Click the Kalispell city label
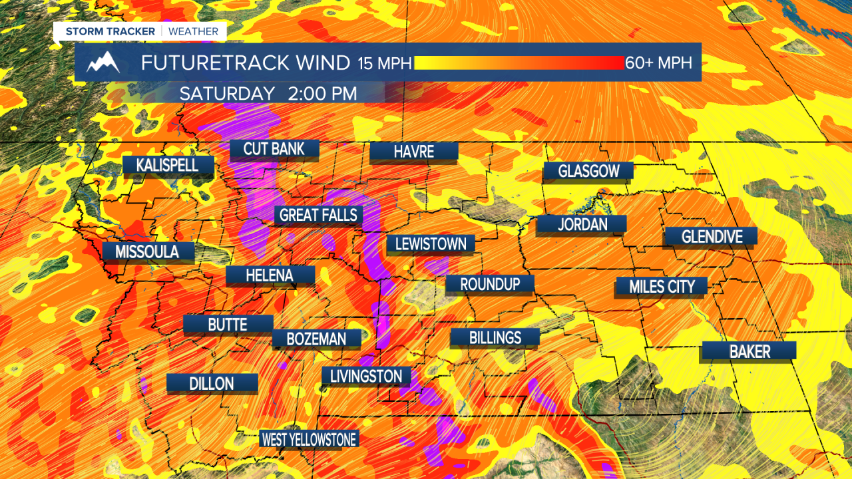click(x=168, y=165)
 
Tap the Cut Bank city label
click(x=274, y=149)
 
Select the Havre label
click(x=413, y=152)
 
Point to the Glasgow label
click(x=588, y=172)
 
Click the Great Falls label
click(x=319, y=215)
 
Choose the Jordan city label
click(x=582, y=225)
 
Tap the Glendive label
click(x=711, y=236)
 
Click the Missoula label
click(x=147, y=251)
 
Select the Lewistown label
click(x=431, y=244)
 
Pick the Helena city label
click(x=270, y=275)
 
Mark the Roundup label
click(x=490, y=284)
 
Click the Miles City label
click(x=661, y=287)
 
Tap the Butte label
click(x=228, y=325)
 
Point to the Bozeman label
click(x=316, y=339)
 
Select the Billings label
click(x=495, y=337)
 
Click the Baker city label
click(x=747, y=351)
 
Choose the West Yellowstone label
click(x=309, y=439)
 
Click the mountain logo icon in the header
click(x=104, y=63)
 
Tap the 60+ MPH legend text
click(x=658, y=63)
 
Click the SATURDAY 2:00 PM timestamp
click(x=268, y=93)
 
